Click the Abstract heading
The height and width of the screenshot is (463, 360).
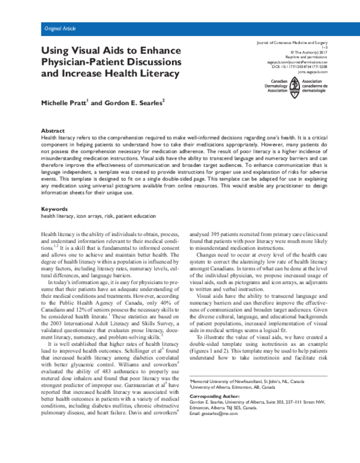coord(53,130)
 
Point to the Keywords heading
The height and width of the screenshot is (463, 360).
coord(55,208)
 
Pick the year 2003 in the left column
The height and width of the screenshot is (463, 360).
coord(50,325)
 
